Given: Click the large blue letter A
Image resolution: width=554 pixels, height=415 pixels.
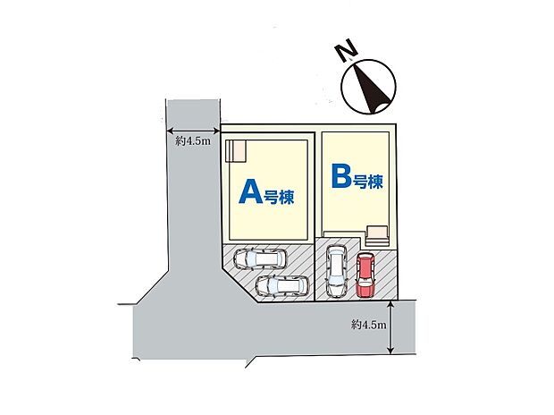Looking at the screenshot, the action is [250, 191].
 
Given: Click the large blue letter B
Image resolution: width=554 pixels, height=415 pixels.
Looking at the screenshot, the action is [341, 175].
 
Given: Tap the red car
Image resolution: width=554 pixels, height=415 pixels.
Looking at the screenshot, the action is [365, 275].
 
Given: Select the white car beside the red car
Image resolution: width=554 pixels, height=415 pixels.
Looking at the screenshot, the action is [336, 271].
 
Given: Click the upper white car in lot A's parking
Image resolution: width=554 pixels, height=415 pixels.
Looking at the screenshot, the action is [260, 259].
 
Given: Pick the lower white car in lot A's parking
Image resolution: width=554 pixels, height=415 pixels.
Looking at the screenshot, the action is [282, 286].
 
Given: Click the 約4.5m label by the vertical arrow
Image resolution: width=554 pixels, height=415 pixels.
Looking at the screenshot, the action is [368, 325].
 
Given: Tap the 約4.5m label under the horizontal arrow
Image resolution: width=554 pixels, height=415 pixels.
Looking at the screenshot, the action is [193, 141].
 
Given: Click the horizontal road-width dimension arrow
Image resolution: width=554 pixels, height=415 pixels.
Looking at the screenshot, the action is [193, 131].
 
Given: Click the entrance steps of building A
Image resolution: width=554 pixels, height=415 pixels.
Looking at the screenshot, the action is [235, 151].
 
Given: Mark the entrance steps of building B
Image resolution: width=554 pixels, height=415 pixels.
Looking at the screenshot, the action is [378, 236].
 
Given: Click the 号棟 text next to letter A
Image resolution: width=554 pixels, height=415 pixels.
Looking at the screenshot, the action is [279, 197].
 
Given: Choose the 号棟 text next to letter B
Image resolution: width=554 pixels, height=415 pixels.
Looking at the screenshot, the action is [368, 182].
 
